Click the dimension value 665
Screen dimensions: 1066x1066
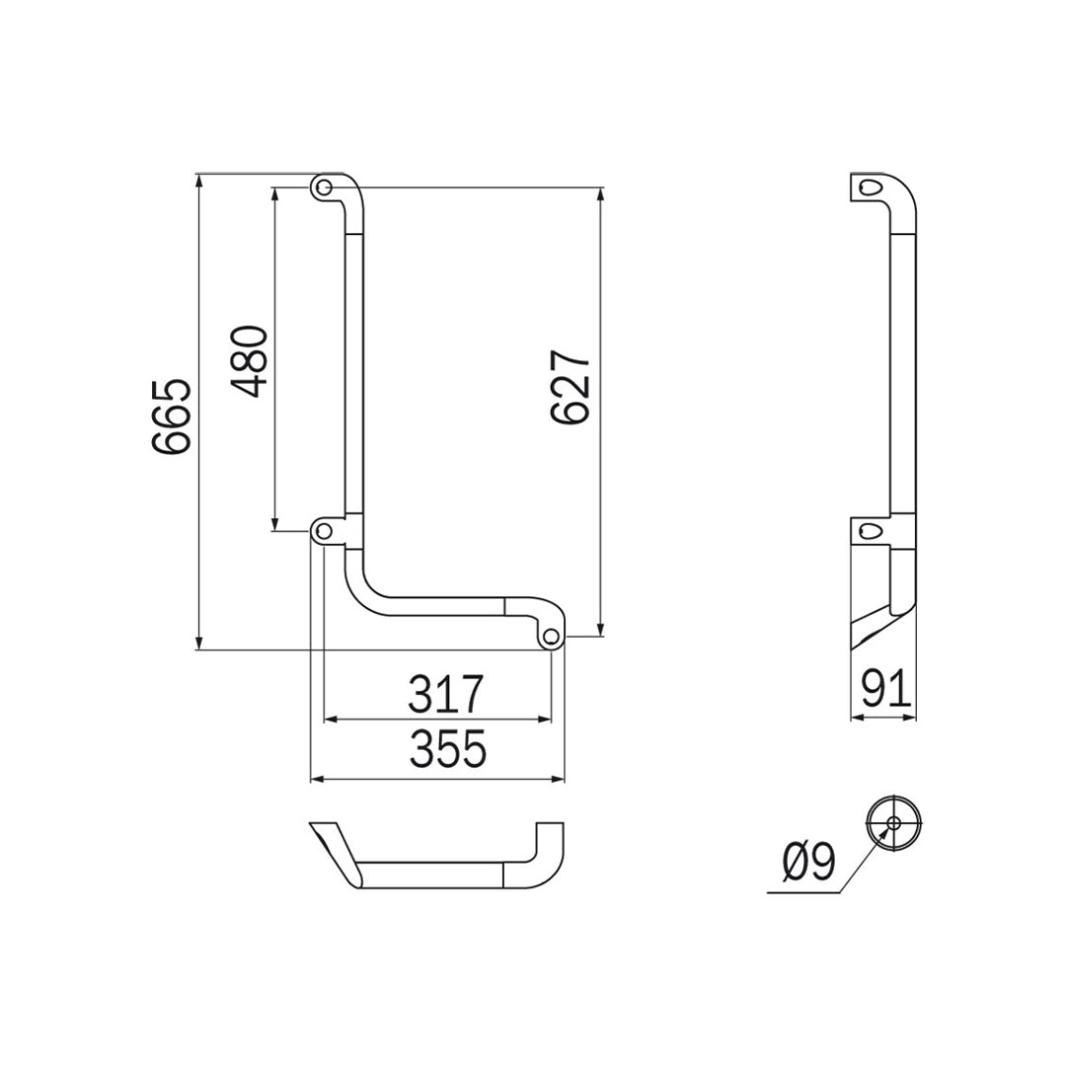coord(171,416)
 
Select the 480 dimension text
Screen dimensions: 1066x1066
coord(250,360)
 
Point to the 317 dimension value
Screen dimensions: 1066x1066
coord(447,695)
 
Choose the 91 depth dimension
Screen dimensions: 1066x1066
coord(885,689)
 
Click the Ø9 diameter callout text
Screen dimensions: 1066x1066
coord(808,863)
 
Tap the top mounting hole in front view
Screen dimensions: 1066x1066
coord(323,187)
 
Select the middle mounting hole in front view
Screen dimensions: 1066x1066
coord(323,531)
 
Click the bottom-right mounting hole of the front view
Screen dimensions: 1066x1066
coord(552,637)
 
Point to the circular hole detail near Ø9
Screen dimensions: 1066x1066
coord(893,822)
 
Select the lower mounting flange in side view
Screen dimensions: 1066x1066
coord(870,531)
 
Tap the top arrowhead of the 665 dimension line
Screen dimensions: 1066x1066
coord(199,179)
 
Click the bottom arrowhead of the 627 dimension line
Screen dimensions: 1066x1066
coord(600,632)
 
